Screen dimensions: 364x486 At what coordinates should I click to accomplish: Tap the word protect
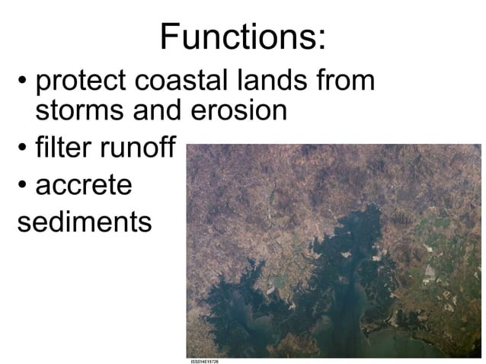(x=78, y=81)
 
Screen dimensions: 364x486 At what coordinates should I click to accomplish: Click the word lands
(x=267, y=80)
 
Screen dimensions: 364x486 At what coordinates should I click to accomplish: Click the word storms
(x=78, y=111)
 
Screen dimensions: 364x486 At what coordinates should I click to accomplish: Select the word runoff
(x=133, y=147)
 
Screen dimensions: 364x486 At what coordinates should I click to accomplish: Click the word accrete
(x=84, y=185)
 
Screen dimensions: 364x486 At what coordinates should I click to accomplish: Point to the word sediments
(x=84, y=222)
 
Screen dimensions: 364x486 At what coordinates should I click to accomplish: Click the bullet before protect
(x=24, y=81)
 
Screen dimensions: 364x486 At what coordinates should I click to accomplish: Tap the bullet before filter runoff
(x=24, y=148)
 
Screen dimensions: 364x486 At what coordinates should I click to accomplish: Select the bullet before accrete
(x=24, y=186)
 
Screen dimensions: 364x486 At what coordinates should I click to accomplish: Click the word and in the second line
(x=155, y=111)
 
